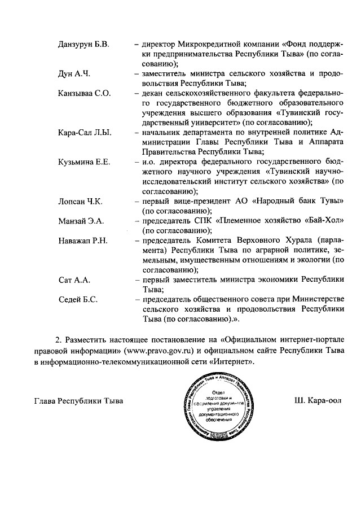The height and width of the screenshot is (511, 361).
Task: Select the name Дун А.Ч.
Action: [x=74, y=73]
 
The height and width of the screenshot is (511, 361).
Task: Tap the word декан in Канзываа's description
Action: [x=152, y=93]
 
